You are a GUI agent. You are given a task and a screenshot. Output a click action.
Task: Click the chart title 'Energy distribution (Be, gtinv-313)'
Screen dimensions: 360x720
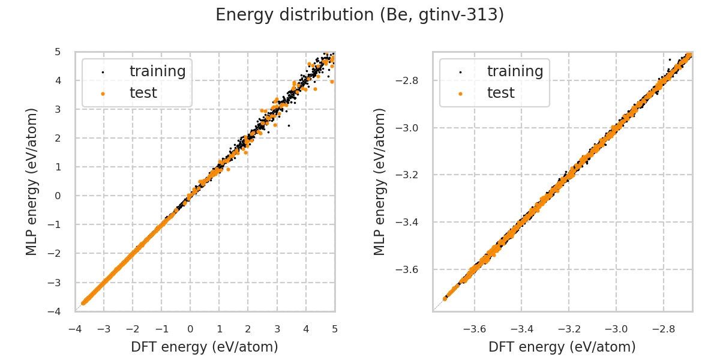(359, 15)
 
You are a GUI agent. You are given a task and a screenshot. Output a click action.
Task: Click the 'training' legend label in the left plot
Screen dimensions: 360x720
(157, 71)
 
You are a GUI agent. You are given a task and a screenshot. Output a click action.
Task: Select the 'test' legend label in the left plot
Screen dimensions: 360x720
(143, 93)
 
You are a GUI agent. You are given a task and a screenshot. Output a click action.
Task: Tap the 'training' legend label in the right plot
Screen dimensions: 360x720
(515, 71)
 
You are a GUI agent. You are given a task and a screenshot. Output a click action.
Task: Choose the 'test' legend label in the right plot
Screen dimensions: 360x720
(500, 93)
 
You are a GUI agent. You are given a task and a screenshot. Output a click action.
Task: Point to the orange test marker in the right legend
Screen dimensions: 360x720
(460, 94)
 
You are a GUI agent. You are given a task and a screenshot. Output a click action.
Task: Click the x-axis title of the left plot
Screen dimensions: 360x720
(205, 347)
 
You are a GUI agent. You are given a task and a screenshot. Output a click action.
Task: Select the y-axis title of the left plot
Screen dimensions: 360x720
(32, 181)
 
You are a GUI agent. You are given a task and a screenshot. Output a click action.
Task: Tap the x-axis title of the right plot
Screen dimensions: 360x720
(562, 347)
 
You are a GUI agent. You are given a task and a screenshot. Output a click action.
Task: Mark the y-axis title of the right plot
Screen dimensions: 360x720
(380, 181)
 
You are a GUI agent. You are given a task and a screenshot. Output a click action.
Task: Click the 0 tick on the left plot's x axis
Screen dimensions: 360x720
(190, 329)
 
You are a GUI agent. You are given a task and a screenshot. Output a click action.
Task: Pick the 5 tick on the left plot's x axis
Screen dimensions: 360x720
(334, 329)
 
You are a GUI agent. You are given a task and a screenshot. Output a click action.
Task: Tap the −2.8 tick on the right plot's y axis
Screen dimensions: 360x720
(413, 80)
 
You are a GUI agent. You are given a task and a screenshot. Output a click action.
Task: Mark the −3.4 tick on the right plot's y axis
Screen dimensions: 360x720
(413, 223)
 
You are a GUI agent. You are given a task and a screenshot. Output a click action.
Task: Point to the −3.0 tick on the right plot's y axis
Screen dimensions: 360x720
(413, 128)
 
